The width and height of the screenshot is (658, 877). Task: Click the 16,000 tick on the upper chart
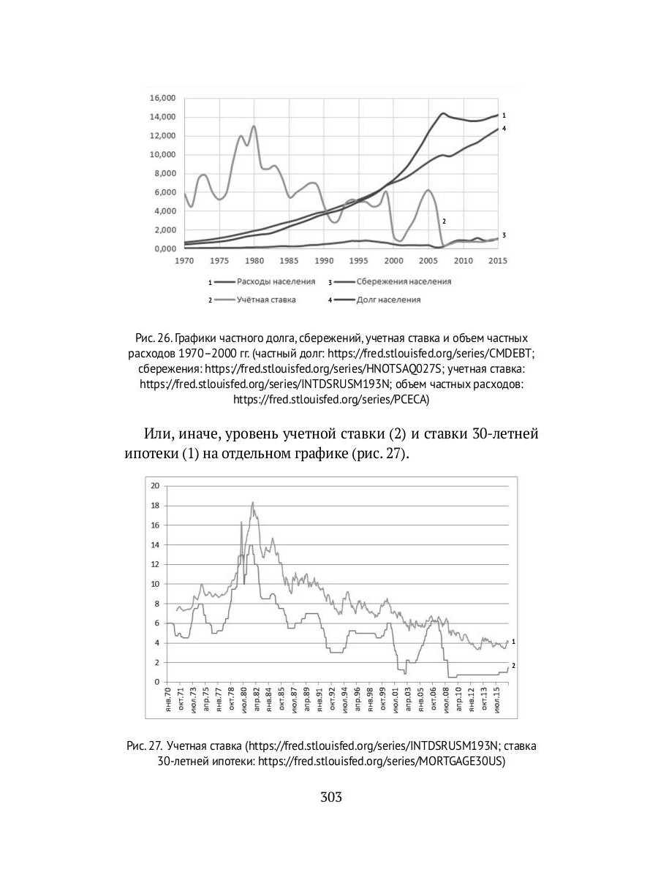click(162, 98)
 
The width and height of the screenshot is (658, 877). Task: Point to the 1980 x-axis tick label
click(254, 260)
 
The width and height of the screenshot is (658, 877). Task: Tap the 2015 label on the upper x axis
click(498, 260)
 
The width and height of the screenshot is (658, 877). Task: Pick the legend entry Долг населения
click(388, 300)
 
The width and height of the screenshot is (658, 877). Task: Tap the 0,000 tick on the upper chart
click(162, 248)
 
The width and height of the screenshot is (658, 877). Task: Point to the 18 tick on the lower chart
click(154, 505)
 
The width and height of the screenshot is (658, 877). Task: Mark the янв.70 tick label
click(168, 699)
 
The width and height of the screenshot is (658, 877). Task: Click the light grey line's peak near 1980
click(254, 126)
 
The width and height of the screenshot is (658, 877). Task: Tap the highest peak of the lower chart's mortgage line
click(252, 502)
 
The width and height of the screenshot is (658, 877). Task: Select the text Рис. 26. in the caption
click(152, 339)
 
